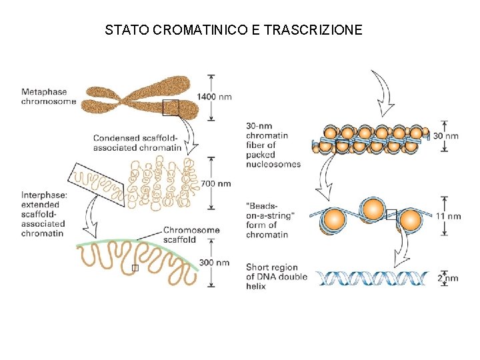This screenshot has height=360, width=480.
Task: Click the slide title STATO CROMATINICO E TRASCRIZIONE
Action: tap(233, 30)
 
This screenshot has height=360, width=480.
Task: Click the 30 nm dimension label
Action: tap(446, 136)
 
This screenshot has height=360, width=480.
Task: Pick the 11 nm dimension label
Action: tap(448, 216)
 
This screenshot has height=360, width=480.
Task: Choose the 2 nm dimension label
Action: tap(448, 278)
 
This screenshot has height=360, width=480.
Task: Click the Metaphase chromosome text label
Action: tap(48, 97)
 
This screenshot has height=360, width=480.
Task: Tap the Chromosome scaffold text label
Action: tap(191, 235)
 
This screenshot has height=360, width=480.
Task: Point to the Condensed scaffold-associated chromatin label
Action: tap(137, 143)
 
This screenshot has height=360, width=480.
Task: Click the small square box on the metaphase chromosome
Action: tap(171, 107)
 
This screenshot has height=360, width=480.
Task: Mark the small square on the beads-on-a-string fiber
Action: tap(391, 215)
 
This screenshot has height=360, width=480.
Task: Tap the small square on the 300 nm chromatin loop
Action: tap(135, 268)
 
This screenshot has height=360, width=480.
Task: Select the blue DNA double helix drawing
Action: tap(370, 278)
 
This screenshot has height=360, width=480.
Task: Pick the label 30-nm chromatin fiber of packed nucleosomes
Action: tap(273, 145)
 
